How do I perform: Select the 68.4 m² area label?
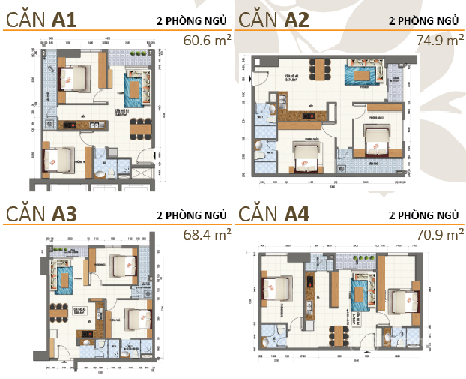(208, 235)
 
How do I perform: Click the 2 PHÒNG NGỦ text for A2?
(423, 20)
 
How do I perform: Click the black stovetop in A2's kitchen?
(304, 115)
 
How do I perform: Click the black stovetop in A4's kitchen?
(308, 282)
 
